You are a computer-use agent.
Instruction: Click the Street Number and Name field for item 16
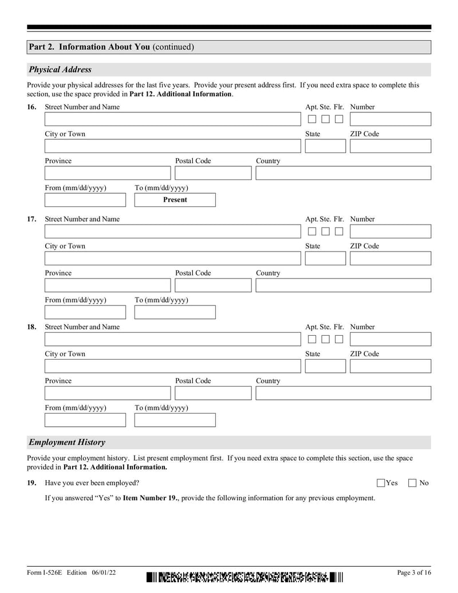pyautogui.click(x=172, y=119)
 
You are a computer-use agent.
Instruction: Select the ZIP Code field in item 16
pyautogui.click(x=390, y=146)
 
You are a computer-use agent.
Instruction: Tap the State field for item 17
pyautogui.click(x=325, y=258)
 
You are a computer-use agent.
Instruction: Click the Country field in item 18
pyautogui.click(x=343, y=393)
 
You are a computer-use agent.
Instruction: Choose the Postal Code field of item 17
pyautogui.click(x=212, y=285)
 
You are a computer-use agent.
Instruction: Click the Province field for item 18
pyautogui.click(x=108, y=393)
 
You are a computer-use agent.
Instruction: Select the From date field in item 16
pyautogui.click(x=85, y=200)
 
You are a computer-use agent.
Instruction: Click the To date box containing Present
pyautogui.click(x=175, y=200)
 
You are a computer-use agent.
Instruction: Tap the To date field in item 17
pyautogui.click(x=175, y=312)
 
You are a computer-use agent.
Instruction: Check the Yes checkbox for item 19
pyautogui.click(x=381, y=483)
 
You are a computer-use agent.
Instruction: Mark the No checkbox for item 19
pyautogui.click(x=412, y=483)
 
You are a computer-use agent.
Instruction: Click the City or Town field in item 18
pyautogui.click(x=172, y=366)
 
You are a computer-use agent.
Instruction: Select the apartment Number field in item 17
pyautogui.click(x=390, y=231)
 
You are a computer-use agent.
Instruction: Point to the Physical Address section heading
pyautogui.click(x=60, y=70)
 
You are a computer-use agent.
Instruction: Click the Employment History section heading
pyautogui.click(x=67, y=442)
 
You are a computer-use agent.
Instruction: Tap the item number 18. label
pyautogui.click(x=32, y=327)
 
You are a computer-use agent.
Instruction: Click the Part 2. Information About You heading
pyautogui.click(x=112, y=47)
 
